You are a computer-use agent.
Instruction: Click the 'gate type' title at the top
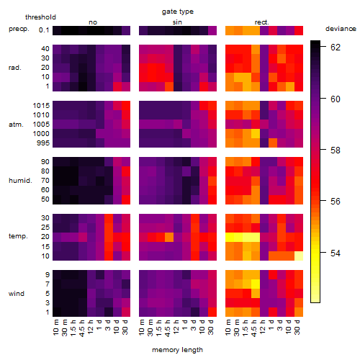point(178,12)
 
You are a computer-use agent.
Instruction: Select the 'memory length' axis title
point(177,350)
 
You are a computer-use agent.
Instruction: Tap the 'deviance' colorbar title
point(341,29)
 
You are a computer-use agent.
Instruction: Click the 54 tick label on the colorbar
point(336,253)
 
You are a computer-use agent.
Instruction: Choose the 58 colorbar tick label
point(336,150)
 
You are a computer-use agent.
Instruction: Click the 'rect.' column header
point(262,22)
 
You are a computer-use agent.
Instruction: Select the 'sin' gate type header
point(177,22)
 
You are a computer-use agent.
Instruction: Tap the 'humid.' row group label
point(20,181)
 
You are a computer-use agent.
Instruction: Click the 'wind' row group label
point(17,294)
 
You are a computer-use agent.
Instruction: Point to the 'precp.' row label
point(19,29)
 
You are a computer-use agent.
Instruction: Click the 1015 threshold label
point(41,105)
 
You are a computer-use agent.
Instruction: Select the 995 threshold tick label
point(43,143)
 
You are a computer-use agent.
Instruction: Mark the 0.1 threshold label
point(44,30)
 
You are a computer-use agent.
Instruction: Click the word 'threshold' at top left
point(40,17)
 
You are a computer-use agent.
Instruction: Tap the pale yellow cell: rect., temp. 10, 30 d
point(299,256)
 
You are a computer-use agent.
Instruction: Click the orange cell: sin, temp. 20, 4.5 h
point(169,237)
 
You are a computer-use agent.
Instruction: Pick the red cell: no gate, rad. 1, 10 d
point(117,86)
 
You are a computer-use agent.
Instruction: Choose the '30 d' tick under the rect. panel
point(297,327)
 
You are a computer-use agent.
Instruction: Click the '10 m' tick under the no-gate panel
point(55,328)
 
